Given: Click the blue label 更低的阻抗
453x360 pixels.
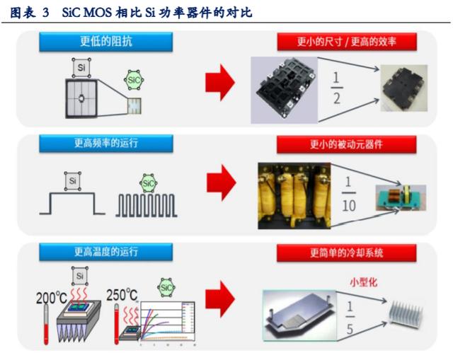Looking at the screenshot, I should tap(105, 42).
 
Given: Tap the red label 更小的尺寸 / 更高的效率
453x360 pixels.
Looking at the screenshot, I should tap(346, 42).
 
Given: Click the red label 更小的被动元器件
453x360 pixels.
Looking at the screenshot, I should tap(346, 144).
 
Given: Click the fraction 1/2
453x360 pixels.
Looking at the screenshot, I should tap(336, 87).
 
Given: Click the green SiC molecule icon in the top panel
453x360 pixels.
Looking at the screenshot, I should tap(134, 80).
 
